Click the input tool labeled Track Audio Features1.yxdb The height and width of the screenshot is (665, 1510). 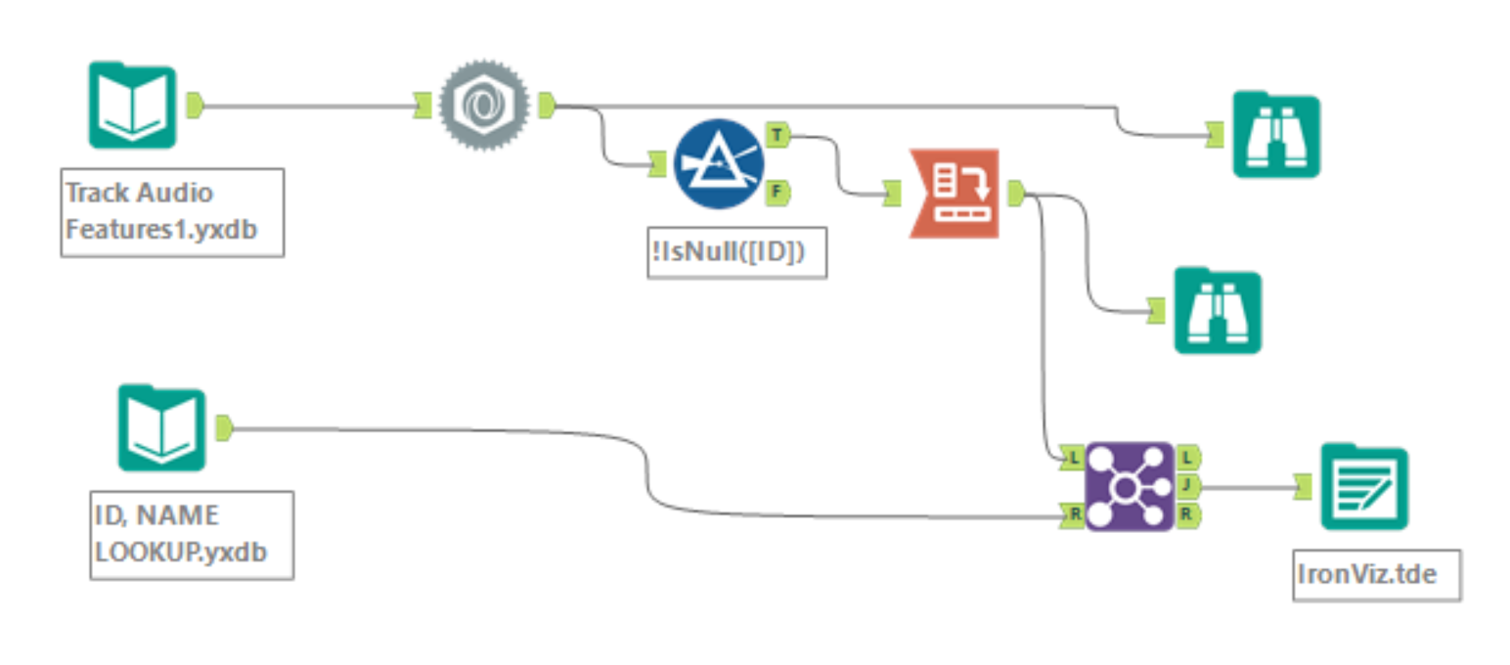pos(132,105)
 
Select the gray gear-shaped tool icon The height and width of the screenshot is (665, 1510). pos(483,105)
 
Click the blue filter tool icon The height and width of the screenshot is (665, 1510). pos(719,164)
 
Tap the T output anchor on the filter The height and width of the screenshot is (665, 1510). pos(777,135)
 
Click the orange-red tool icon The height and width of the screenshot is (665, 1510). pos(954,194)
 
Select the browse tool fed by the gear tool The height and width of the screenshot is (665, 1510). pos(1275,134)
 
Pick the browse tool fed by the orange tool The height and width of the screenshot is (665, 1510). pos(1217,311)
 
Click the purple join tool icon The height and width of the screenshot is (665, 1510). pos(1129,486)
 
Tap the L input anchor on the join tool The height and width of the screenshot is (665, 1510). pos(1071,457)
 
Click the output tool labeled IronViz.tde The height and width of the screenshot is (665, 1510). pos(1363,486)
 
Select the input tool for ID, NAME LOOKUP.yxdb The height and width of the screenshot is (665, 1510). pos(161,427)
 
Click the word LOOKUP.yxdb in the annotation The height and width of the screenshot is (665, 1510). pos(181,550)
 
